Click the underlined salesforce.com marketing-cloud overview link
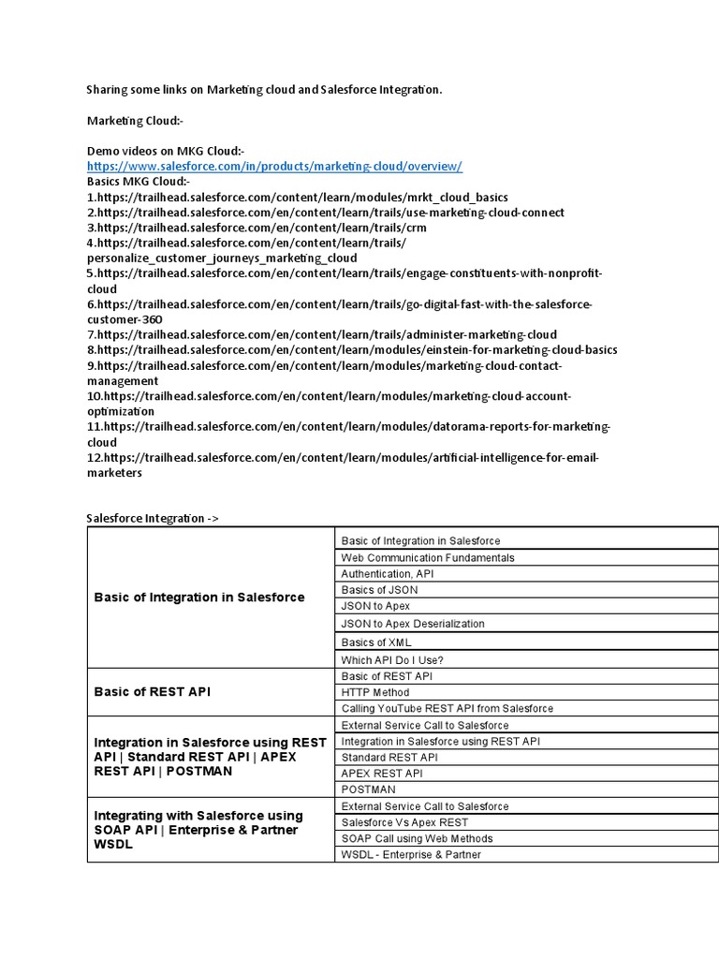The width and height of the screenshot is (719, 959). click(274, 166)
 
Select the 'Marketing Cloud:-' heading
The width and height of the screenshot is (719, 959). click(135, 121)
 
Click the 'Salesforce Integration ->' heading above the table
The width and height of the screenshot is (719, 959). click(153, 517)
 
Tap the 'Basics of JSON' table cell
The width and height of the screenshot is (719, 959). click(379, 590)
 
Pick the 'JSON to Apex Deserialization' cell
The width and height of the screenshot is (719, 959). click(413, 624)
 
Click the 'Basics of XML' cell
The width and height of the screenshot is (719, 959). click(376, 642)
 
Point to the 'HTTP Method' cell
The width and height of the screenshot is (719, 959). click(375, 692)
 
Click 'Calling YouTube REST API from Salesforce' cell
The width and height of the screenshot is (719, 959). click(447, 709)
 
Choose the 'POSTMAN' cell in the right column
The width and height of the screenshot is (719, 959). click(368, 789)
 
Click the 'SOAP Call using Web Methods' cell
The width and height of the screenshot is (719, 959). click(417, 838)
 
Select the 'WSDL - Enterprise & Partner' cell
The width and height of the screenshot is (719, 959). click(411, 854)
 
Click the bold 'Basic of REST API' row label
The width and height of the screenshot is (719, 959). click(153, 692)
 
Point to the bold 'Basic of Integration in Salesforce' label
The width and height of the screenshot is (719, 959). click(199, 598)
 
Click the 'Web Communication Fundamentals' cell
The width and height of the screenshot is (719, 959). click(428, 557)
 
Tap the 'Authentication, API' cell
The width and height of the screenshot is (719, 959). click(388, 573)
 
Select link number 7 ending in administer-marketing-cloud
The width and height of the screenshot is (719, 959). click(321, 334)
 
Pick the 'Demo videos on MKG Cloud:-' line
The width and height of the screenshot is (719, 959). click(165, 151)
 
